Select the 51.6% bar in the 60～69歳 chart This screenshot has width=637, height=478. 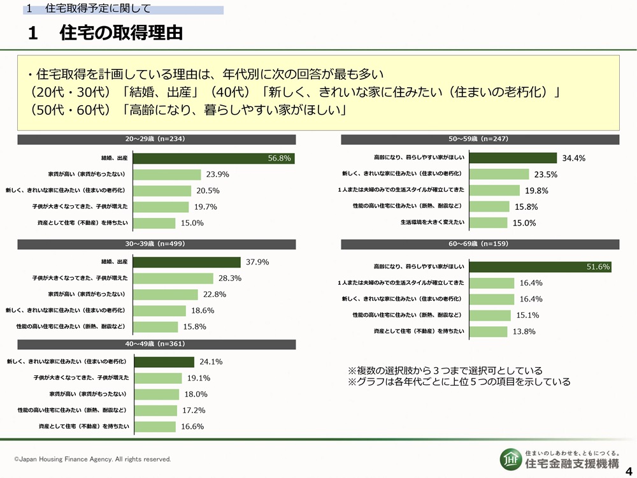tap(540, 266)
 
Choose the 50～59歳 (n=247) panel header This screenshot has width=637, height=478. tap(480, 139)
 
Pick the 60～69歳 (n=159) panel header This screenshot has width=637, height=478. tap(480, 243)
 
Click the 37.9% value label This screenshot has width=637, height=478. tap(257, 262)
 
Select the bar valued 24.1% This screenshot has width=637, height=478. tap(164, 362)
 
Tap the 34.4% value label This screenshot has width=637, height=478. tap(573, 158)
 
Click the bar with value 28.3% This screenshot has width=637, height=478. tap(173, 279)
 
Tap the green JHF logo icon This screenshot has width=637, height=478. tap(508, 457)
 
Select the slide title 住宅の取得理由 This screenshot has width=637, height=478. tap(121, 33)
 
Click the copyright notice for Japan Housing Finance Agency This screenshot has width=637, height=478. tap(92, 459)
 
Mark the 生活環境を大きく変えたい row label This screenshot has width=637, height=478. tap(433, 222)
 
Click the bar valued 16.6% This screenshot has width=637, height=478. tap(155, 426)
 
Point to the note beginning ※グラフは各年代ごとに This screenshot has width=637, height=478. tap(459, 382)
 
